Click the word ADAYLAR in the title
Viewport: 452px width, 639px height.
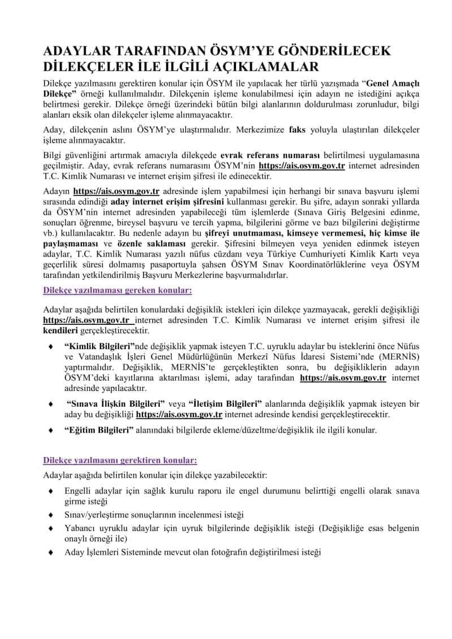73,51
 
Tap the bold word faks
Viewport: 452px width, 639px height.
297,130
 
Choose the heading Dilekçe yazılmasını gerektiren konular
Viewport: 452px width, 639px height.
120,460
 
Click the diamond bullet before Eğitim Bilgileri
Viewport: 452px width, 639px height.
51,431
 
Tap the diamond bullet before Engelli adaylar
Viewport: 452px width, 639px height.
51,491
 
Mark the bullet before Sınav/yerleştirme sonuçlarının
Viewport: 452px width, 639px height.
51,515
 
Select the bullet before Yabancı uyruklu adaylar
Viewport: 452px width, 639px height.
51,528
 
